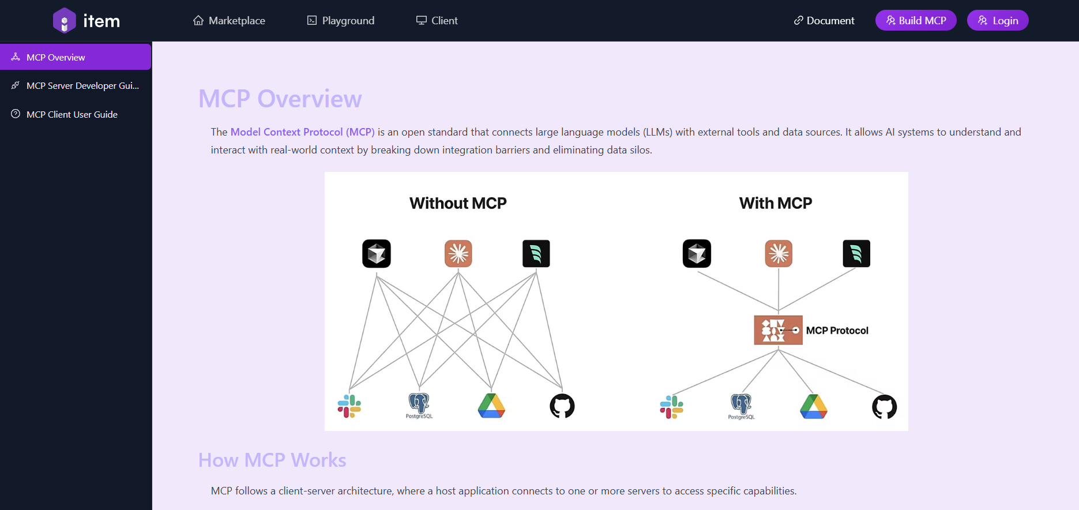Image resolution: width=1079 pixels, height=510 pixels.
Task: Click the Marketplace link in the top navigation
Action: click(x=230, y=21)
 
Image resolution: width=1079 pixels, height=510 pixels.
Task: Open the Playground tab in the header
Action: click(x=341, y=21)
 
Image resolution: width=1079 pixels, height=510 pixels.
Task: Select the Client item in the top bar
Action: click(x=437, y=21)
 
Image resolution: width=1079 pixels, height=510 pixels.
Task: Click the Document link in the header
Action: click(x=824, y=21)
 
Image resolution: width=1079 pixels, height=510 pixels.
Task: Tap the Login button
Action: click(x=997, y=21)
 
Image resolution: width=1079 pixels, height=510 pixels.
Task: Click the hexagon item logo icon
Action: click(x=65, y=21)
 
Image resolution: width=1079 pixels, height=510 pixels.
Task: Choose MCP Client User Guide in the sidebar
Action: click(x=72, y=115)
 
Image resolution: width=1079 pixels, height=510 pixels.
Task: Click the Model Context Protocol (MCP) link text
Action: click(x=302, y=132)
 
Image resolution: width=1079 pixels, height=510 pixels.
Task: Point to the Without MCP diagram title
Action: click(x=458, y=203)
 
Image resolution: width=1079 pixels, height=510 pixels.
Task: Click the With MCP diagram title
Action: click(x=775, y=203)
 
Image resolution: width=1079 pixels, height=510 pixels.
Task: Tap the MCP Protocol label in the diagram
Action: click(x=837, y=331)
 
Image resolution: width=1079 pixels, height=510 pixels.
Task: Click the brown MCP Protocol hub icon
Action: click(x=778, y=330)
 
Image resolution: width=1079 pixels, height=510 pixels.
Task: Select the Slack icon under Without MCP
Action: click(x=349, y=406)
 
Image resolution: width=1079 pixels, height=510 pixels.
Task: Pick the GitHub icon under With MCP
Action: click(x=884, y=407)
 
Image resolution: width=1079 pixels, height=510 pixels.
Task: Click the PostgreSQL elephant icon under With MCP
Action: click(x=741, y=404)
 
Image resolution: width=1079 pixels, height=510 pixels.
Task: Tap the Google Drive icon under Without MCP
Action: click(x=491, y=406)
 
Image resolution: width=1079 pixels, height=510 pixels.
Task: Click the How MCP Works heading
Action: click(x=272, y=460)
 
